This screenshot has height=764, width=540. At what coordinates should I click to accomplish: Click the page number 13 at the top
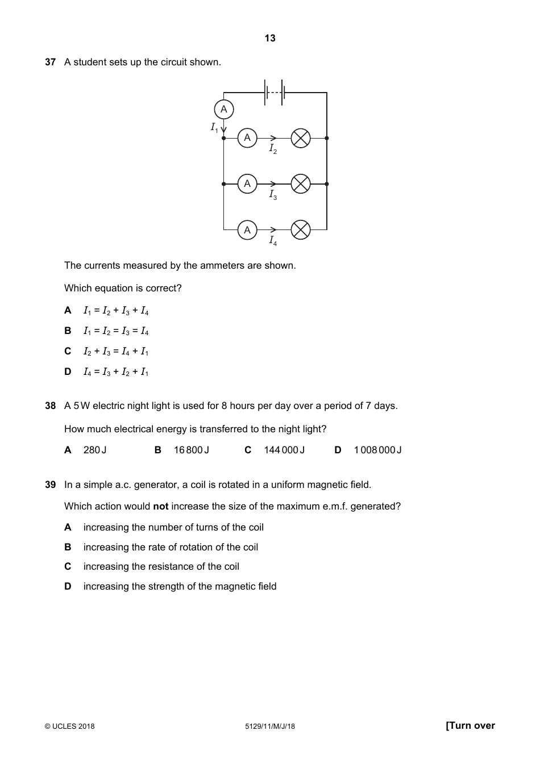[270, 38]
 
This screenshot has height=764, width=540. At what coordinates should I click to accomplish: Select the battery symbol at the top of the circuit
[275, 92]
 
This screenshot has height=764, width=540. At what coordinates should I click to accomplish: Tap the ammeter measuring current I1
[224, 109]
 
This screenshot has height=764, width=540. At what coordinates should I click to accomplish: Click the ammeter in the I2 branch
[247, 138]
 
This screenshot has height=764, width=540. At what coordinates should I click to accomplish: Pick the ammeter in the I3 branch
[247, 183]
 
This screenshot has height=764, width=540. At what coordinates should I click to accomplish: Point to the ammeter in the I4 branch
[247, 230]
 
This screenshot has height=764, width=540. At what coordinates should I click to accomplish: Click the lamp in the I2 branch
[301, 138]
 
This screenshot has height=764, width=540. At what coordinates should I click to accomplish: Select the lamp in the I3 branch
[301, 183]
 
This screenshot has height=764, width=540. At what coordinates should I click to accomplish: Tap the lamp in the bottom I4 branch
[301, 230]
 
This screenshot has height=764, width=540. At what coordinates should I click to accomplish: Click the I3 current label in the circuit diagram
[273, 195]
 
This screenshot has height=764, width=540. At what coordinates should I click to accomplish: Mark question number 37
[51, 62]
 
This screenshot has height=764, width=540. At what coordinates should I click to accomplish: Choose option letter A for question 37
[68, 310]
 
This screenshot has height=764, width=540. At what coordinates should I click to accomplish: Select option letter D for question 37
[68, 371]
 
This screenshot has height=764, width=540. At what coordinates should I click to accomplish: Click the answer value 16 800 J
[191, 450]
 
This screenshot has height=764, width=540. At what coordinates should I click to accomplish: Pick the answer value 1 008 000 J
[377, 450]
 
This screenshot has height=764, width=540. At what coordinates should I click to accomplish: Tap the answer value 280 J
[95, 450]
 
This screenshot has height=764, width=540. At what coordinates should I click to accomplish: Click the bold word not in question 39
[160, 506]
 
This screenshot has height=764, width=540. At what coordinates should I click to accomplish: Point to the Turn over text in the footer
[470, 725]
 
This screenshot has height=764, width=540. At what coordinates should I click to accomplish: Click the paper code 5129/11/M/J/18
[270, 726]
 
